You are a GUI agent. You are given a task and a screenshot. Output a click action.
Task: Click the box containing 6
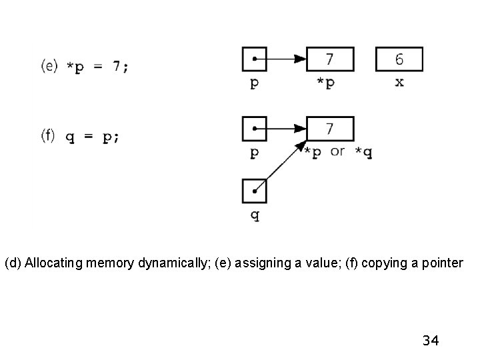[399, 59]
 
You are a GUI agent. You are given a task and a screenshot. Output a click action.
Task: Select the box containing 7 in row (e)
[330, 59]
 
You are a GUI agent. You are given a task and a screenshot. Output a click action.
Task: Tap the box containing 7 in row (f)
[330, 127]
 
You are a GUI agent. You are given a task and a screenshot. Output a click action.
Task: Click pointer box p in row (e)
[254, 59]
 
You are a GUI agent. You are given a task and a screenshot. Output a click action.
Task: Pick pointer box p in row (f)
[254, 127]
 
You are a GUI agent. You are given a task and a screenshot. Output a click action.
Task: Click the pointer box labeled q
[254, 191]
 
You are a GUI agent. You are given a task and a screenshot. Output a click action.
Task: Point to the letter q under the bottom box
[254, 216]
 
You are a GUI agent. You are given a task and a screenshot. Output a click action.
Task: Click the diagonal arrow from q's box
[280, 167]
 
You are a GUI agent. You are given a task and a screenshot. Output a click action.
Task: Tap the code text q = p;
[93, 137]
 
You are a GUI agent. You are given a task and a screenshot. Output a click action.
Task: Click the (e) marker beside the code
[50, 66]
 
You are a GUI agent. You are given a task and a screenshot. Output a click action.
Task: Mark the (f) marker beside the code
[49, 135]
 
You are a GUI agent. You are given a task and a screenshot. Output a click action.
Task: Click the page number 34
[430, 341]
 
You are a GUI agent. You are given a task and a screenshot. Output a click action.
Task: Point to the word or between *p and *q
[337, 151]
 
